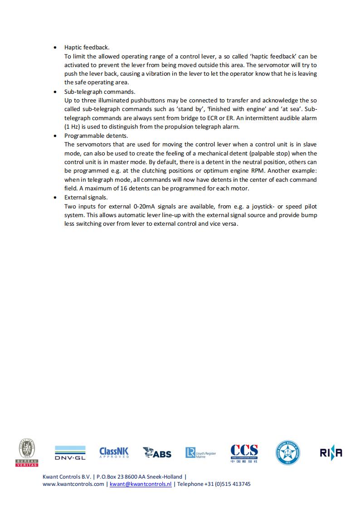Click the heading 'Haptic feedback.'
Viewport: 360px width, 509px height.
[87, 47]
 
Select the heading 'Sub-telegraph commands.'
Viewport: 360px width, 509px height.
[100, 92]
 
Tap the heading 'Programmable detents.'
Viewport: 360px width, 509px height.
[96, 136]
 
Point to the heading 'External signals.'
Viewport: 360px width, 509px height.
[86, 197]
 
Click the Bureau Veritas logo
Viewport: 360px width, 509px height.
[28, 452]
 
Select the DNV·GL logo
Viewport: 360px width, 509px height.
[70, 453]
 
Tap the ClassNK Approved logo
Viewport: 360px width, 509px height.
[114, 452]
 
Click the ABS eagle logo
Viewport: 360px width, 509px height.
[157, 452]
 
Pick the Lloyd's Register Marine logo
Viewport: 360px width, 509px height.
[200, 453]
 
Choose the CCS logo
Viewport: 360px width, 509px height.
[244, 453]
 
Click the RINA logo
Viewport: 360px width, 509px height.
[331, 452]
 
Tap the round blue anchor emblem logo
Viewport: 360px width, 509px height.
[287, 453]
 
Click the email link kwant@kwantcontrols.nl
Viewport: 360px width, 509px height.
[141, 484]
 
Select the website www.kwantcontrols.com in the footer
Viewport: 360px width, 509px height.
[73, 484]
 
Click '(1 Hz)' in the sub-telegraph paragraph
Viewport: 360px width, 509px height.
[73, 126]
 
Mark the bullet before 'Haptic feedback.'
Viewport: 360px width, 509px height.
[55, 48]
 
